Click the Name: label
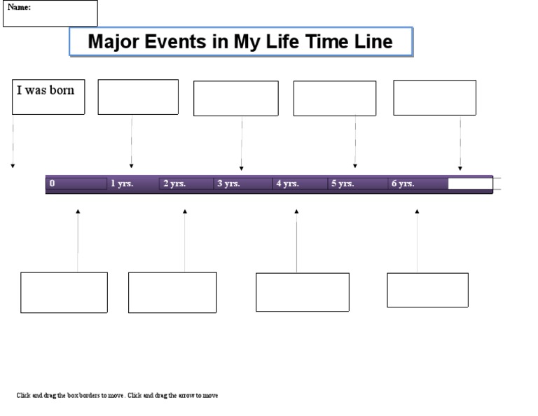19,7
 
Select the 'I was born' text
46,90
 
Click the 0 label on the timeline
52,183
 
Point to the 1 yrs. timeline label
122,183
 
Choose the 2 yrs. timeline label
174,183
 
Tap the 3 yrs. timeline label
228,183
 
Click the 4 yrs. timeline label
287,183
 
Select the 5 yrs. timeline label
343,183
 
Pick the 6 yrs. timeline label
403,183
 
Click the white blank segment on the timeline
470,183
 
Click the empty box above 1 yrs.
138,97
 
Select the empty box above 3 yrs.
235,98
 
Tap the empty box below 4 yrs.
302,292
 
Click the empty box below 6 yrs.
427,290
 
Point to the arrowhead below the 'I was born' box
13,166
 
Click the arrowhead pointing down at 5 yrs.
355,166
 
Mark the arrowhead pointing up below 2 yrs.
185,211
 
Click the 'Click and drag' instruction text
117,396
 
